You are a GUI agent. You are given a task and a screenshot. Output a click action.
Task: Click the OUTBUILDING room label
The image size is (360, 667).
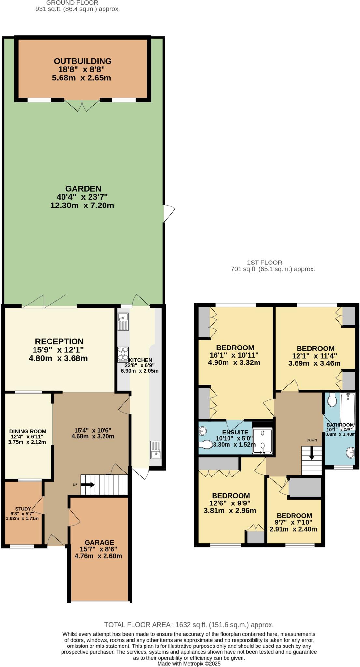pyautogui.click(x=82, y=61)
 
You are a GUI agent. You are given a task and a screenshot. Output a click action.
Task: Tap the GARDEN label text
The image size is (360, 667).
pyautogui.click(x=83, y=189)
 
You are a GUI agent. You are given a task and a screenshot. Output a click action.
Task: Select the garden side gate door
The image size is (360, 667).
pyautogui.click(x=169, y=213)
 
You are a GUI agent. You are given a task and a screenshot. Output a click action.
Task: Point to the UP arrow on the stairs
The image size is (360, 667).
pyautogui.click(x=87, y=485)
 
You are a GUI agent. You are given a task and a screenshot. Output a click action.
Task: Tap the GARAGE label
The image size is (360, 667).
pyautogui.click(x=99, y=542)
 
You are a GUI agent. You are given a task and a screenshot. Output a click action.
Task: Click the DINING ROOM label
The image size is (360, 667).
pyautogui.click(x=28, y=431)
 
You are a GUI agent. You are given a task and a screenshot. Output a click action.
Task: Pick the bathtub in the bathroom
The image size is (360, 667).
pyautogui.click(x=348, y=407)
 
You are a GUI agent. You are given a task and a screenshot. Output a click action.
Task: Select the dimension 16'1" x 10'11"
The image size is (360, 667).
pyautogui.click(x=234, y=355)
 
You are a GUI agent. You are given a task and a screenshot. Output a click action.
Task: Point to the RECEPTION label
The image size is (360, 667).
pyautogui.click(x=59, y=341)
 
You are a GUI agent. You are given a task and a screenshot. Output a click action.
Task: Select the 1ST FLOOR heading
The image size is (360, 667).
pyautogui.click(x=264, y=263)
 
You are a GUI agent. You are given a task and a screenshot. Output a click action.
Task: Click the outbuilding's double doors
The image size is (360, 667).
pyautogui.click(x=82, y=105)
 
